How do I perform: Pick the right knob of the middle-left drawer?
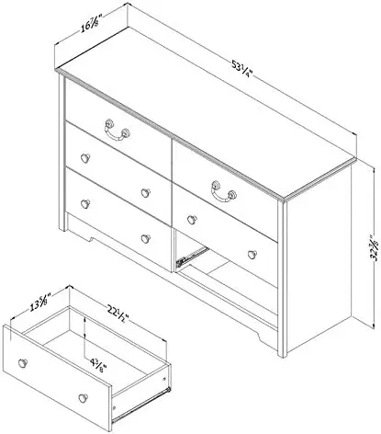[x=145, y=192]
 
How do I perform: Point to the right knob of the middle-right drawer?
[x=247, y=254]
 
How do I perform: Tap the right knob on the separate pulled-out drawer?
[x=84, y=396]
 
